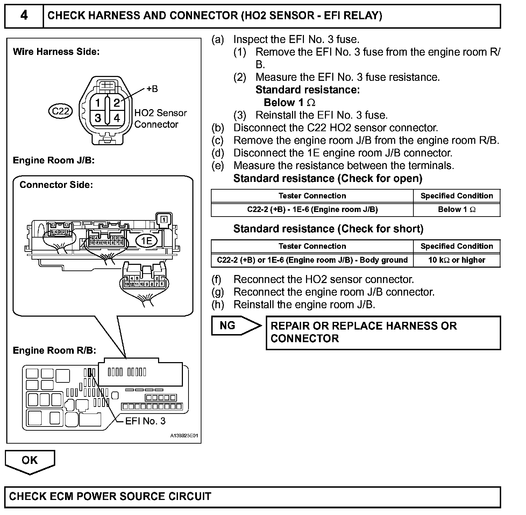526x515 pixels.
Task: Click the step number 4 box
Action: click(24, 16)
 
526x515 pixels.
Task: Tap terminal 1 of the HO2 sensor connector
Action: click(98, 103)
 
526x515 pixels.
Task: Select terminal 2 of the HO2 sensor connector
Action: click(117, 103)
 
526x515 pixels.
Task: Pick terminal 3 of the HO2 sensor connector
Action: click(98, 118)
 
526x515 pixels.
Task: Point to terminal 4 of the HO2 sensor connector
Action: click(117, 118)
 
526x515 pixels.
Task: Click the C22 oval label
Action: click(60, 111)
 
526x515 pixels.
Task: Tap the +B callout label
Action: click(152, 89)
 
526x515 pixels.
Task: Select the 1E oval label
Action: click(147, 241)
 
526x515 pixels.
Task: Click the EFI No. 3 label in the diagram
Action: click(145, 421)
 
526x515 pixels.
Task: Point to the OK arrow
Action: click(30, 461)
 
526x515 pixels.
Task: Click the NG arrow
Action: click(235, 326)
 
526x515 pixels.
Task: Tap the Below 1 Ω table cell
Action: click(456, 210)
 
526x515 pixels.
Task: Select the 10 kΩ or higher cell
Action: click(456, 260)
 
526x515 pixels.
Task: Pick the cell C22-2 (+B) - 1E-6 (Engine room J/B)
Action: click(312, 210)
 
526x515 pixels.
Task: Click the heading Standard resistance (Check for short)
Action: click(328, 229)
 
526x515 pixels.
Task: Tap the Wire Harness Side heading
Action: click(56, 52)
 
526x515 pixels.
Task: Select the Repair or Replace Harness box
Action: click(383, 332)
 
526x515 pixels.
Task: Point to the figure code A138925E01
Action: click(184, 436)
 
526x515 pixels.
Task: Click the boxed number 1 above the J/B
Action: click(164, 219)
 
